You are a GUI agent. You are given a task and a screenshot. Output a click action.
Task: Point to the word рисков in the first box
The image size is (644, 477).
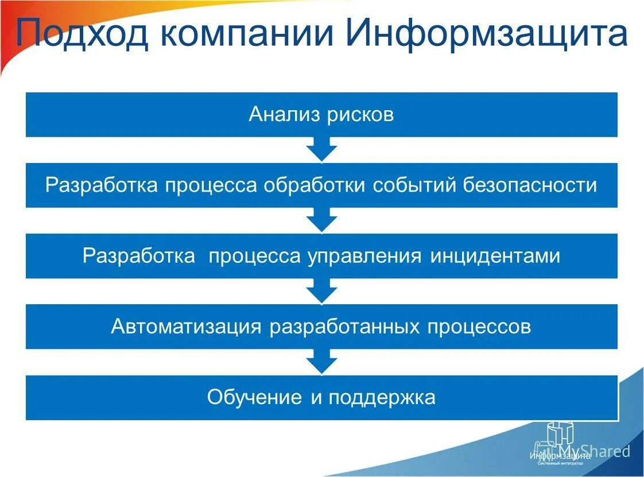click(360, 114)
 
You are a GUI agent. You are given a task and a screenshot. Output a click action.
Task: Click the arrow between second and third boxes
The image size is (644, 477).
click(321, 220)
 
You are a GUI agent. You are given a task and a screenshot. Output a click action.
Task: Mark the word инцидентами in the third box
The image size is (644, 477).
click(495, 256)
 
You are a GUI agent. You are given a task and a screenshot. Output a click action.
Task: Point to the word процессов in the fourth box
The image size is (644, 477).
click(479, 327)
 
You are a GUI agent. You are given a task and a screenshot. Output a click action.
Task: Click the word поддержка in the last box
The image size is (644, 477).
click(382, 397)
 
